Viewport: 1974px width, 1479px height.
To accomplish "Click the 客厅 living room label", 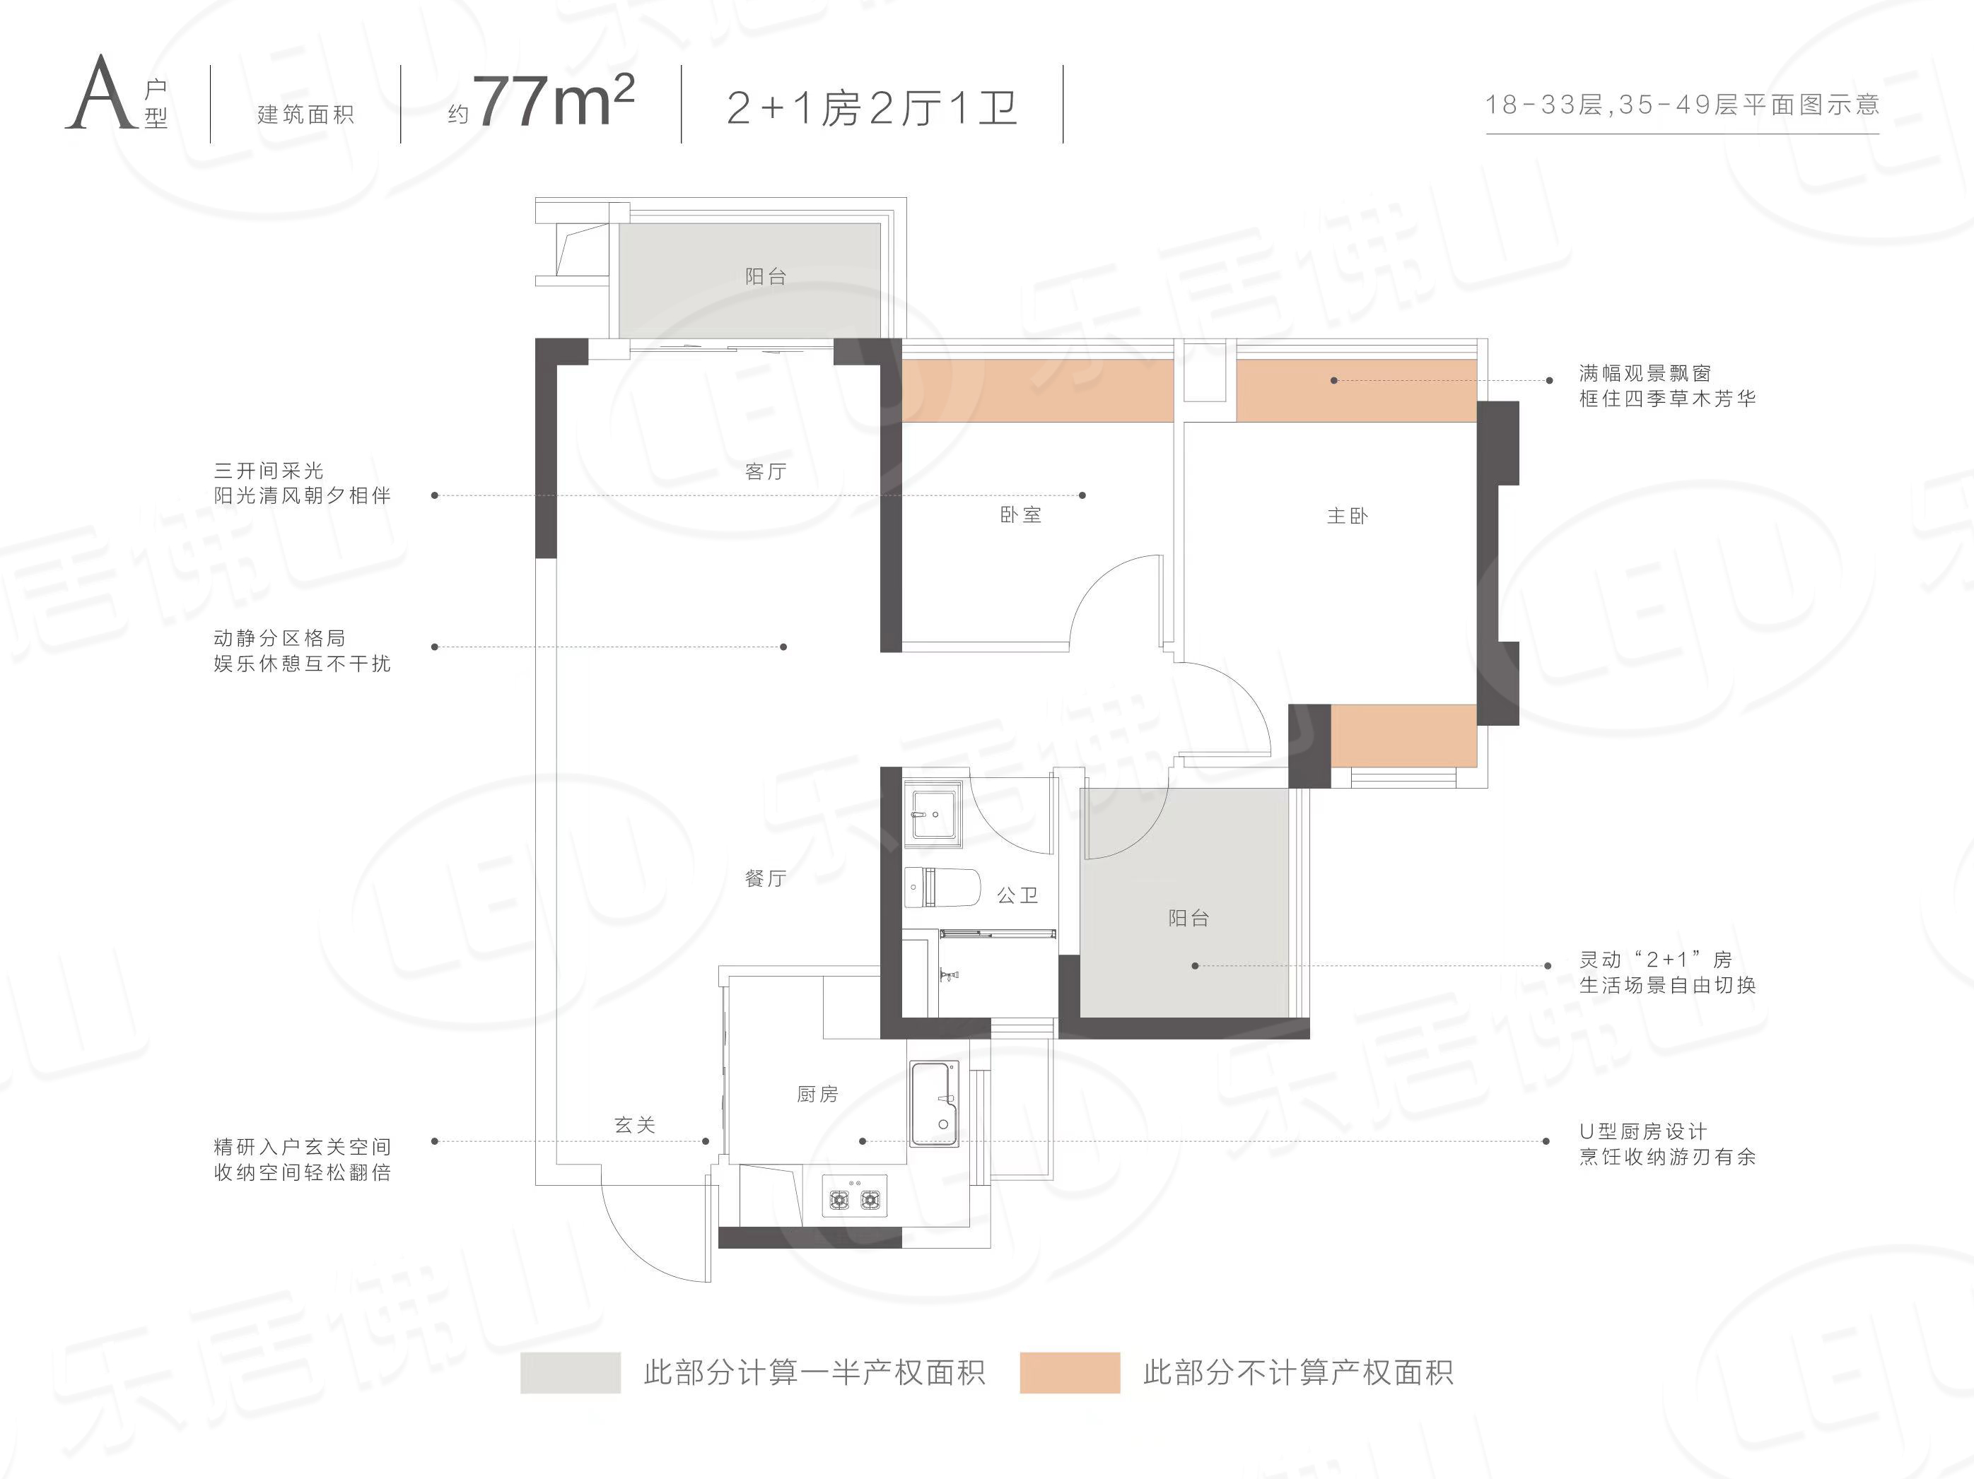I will (x=766, y=471).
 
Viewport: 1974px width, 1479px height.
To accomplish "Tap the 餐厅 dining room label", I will (x=766, y=878).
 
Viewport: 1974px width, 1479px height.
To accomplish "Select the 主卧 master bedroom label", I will (x=1347, y=516).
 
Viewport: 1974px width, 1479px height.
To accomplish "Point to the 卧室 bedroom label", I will (x=1020, y=514).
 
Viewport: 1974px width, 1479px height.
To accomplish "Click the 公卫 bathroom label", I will (x=1017, y=895).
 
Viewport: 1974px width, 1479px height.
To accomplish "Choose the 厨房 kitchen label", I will (x=817, y=1094).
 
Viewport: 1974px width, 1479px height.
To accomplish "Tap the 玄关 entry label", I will (x=634, y=1125).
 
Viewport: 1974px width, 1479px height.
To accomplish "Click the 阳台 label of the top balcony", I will (x=766, y=276).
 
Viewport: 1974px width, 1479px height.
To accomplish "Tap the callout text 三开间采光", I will (x=269, y=470).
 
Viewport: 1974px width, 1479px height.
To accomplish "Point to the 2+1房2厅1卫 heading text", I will (x=872, y=108).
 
